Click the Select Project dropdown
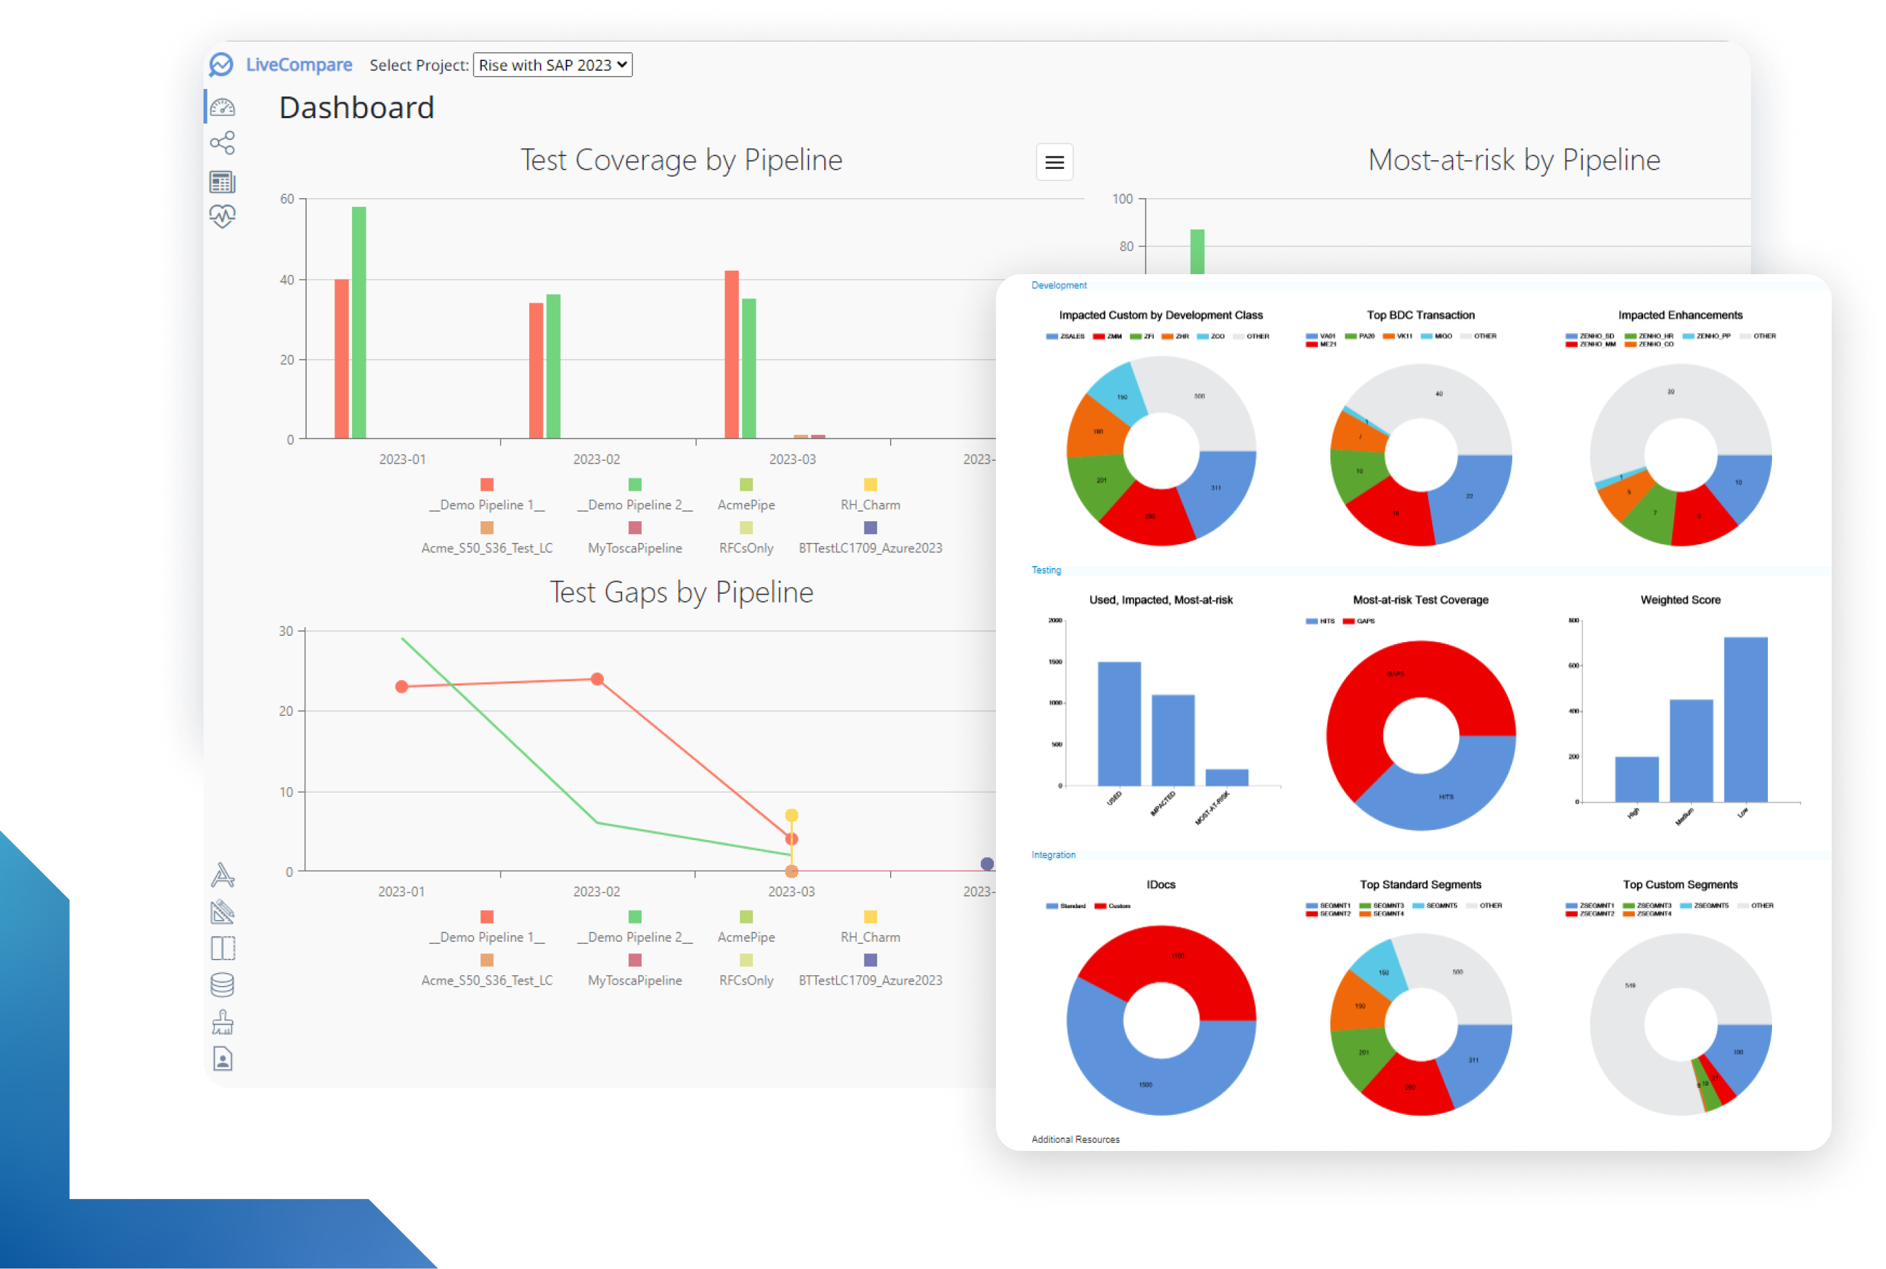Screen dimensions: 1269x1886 pos(553,64)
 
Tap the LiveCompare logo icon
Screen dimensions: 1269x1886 pos(221,64)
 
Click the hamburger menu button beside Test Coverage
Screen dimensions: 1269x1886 pos(1054,162)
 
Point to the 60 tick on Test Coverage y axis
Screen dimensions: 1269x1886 pos(287,199)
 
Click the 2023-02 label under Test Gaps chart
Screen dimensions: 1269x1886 pos(596,891)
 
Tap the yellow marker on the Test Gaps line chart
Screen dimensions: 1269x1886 pos(791,815)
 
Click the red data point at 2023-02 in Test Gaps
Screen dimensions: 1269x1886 pos(597,679)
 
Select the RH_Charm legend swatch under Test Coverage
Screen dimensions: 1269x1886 pos(870,485)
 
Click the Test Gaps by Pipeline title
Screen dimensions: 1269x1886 pos(681,592)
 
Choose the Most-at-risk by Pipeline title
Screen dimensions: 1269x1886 pos(1514,160)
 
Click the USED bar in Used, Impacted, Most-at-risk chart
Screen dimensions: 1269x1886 pos(1119,723)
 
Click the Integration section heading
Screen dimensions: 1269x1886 pos(1053,854)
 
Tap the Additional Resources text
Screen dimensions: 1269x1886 pos(1075,1139)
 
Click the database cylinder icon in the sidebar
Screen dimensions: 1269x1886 pos(223,985)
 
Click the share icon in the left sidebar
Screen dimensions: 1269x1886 pos(223,143)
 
